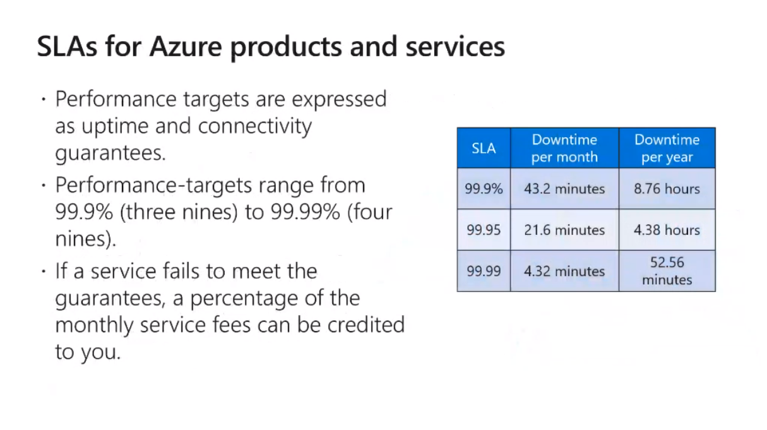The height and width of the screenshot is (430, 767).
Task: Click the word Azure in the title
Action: (x=186, y=46)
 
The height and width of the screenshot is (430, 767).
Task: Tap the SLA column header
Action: (x=484, y=148)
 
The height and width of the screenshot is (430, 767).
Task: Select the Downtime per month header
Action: (x=564, y=148)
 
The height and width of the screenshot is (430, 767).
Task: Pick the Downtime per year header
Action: (x=667, y=148)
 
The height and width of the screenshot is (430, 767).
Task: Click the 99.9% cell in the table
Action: (x=484, y=189)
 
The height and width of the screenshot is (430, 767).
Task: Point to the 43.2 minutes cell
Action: (x=564, y=189)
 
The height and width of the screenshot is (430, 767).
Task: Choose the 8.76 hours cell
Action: (x=667, y=189)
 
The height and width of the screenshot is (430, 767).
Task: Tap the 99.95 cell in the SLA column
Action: (x=484, y=230)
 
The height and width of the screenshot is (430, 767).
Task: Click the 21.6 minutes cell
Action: (x=564, y=230)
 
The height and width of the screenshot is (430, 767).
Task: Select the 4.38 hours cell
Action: (x=667, y=230)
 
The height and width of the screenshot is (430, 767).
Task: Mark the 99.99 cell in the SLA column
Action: (x=484, y=271)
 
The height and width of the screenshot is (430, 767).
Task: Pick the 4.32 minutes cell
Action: (x=564, y=271)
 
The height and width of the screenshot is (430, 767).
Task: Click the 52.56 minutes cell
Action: (x=667, y=271)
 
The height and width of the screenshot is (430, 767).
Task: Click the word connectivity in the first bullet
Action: (x=255, y=126)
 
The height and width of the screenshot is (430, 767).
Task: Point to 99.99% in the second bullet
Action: (x=305, y=212)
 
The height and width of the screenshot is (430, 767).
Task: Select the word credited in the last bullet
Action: (x=366, y=324)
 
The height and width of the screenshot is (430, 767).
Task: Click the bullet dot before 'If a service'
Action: (x=44, y=272)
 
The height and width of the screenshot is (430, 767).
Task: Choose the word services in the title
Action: (x=455, y=46)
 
